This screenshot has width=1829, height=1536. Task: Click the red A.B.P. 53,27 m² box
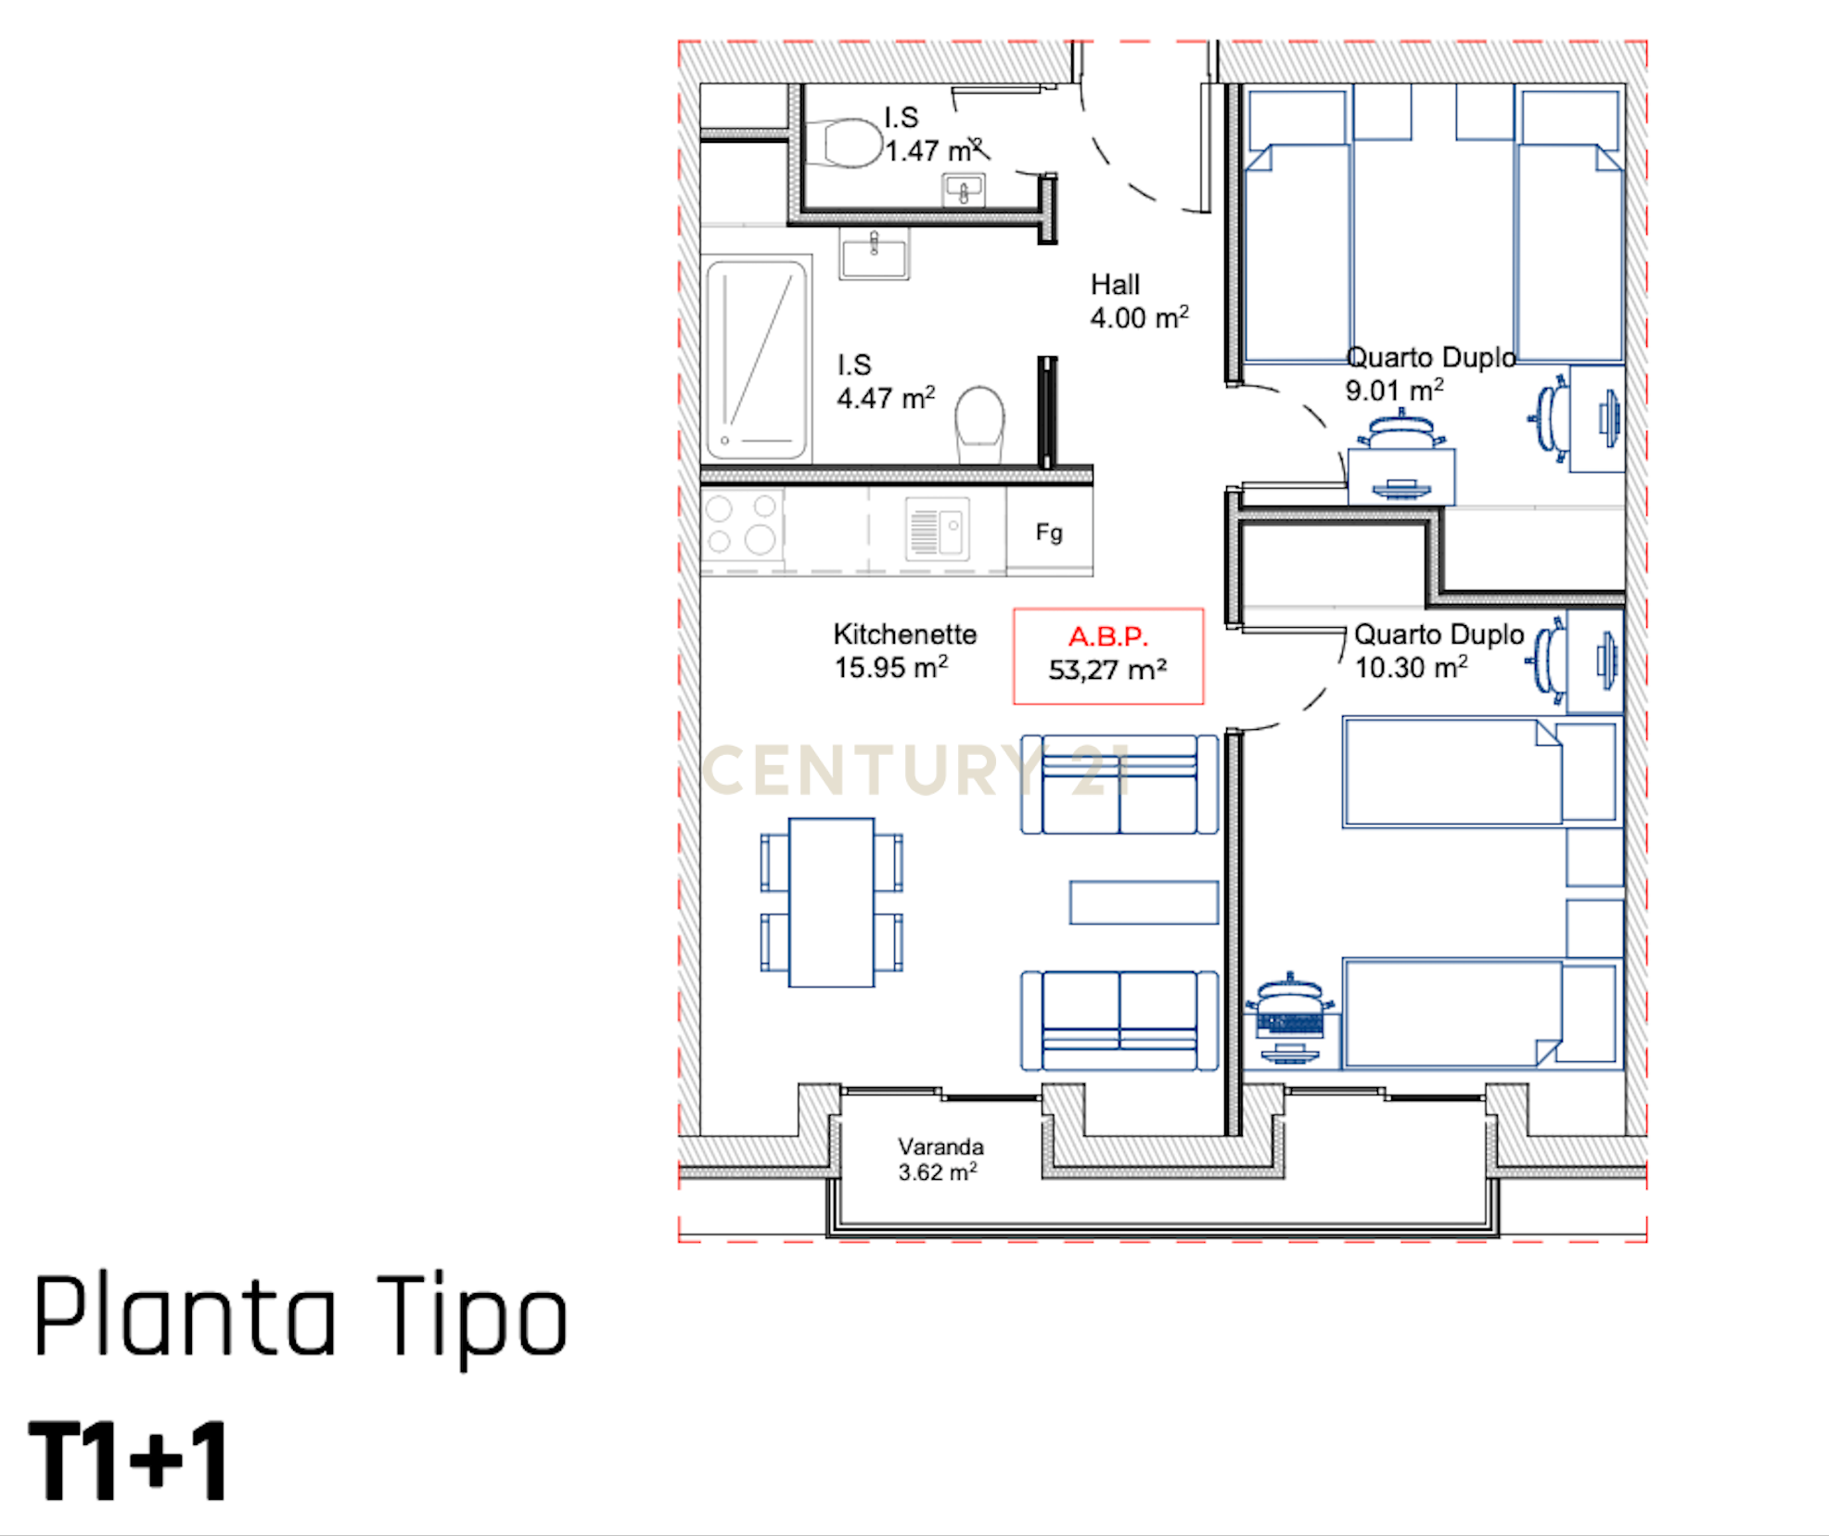tap(1107, 656)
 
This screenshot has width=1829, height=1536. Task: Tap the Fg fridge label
tap(1049, 532)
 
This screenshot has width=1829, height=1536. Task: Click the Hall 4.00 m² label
tap(1138, 301)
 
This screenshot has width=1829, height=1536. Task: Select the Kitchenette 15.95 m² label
tap(903, 650)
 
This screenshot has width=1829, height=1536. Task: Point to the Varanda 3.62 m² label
tap(939, 1159)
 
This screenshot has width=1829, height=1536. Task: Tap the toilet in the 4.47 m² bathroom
tap(979, 423)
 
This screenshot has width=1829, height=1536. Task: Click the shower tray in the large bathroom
tap(756, 360)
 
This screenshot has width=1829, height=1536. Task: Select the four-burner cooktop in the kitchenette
tap(742, 524)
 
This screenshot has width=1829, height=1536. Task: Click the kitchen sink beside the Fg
tap(937, 530)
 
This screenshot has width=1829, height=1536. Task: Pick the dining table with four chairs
tap(831, 902)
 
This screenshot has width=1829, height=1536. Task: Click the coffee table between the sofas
tap(1143, 902)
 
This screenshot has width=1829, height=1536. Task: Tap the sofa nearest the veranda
tap(1119, 1020)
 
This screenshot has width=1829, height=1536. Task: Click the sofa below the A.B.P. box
tap(1119, 785)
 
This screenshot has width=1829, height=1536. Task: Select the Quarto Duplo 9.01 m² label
tap(1428, 374)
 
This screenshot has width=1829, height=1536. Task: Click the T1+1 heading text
tap(128, 1462)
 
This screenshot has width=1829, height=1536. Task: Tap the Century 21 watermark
tap(914, 770)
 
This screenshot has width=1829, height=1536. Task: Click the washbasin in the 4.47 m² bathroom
tap(874, 253)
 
